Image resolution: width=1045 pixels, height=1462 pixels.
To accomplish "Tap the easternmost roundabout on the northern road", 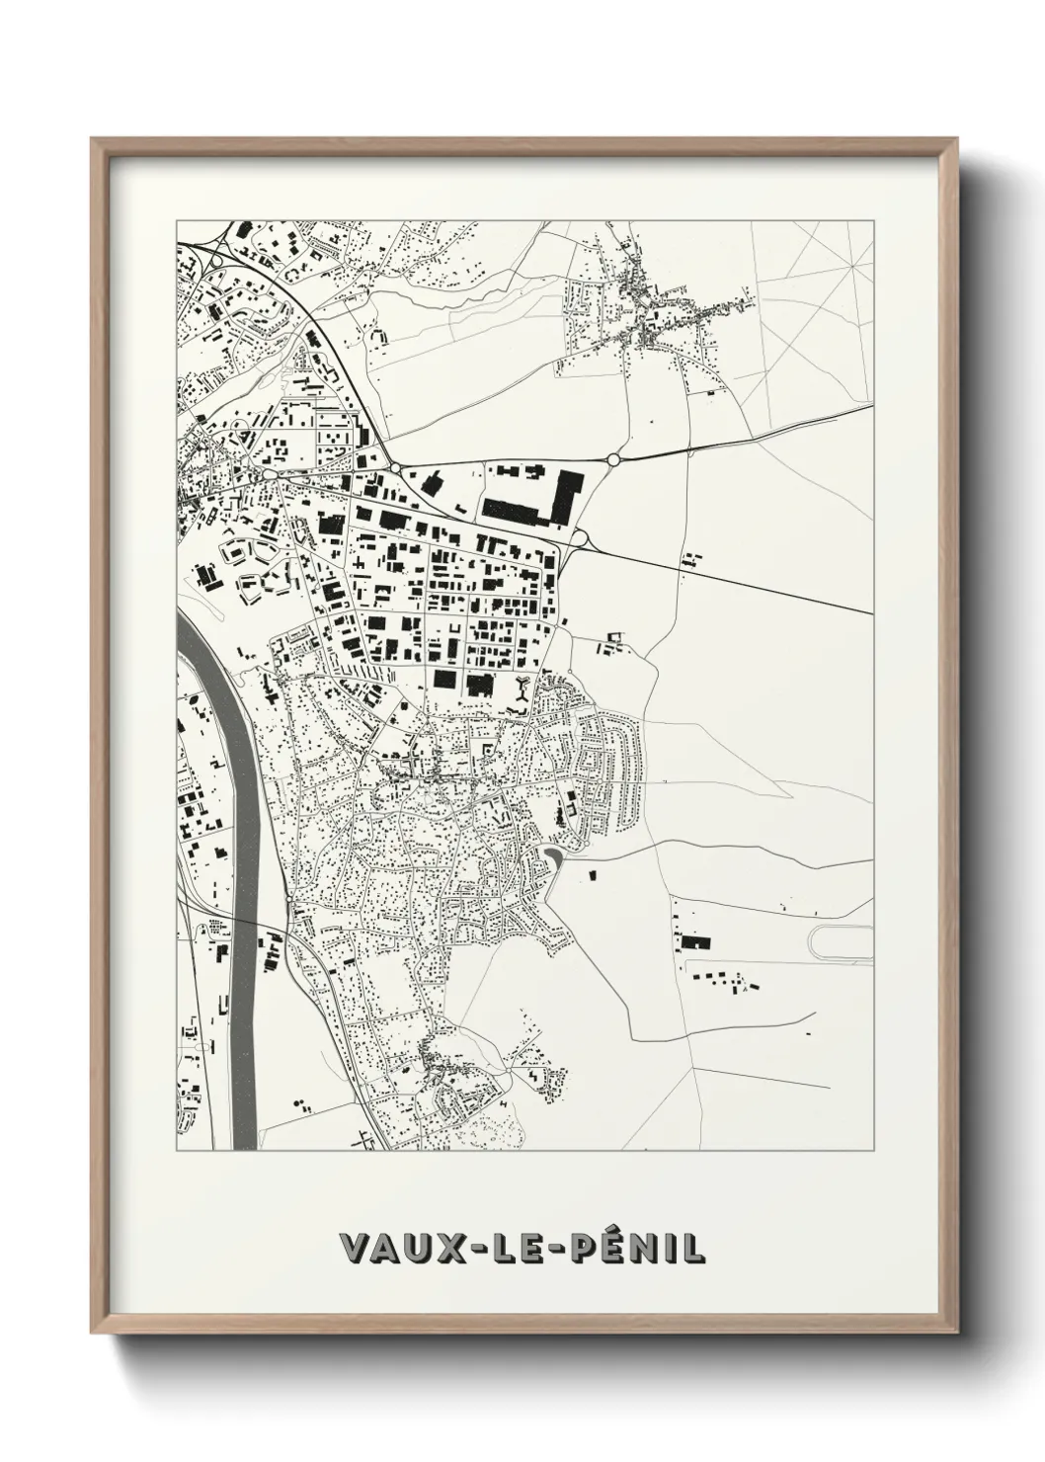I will pos(613,459).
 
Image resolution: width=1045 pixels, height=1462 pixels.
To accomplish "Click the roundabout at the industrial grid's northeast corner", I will pos(579,538).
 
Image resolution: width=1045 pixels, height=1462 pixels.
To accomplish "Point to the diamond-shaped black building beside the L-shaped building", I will pos(432,483).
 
